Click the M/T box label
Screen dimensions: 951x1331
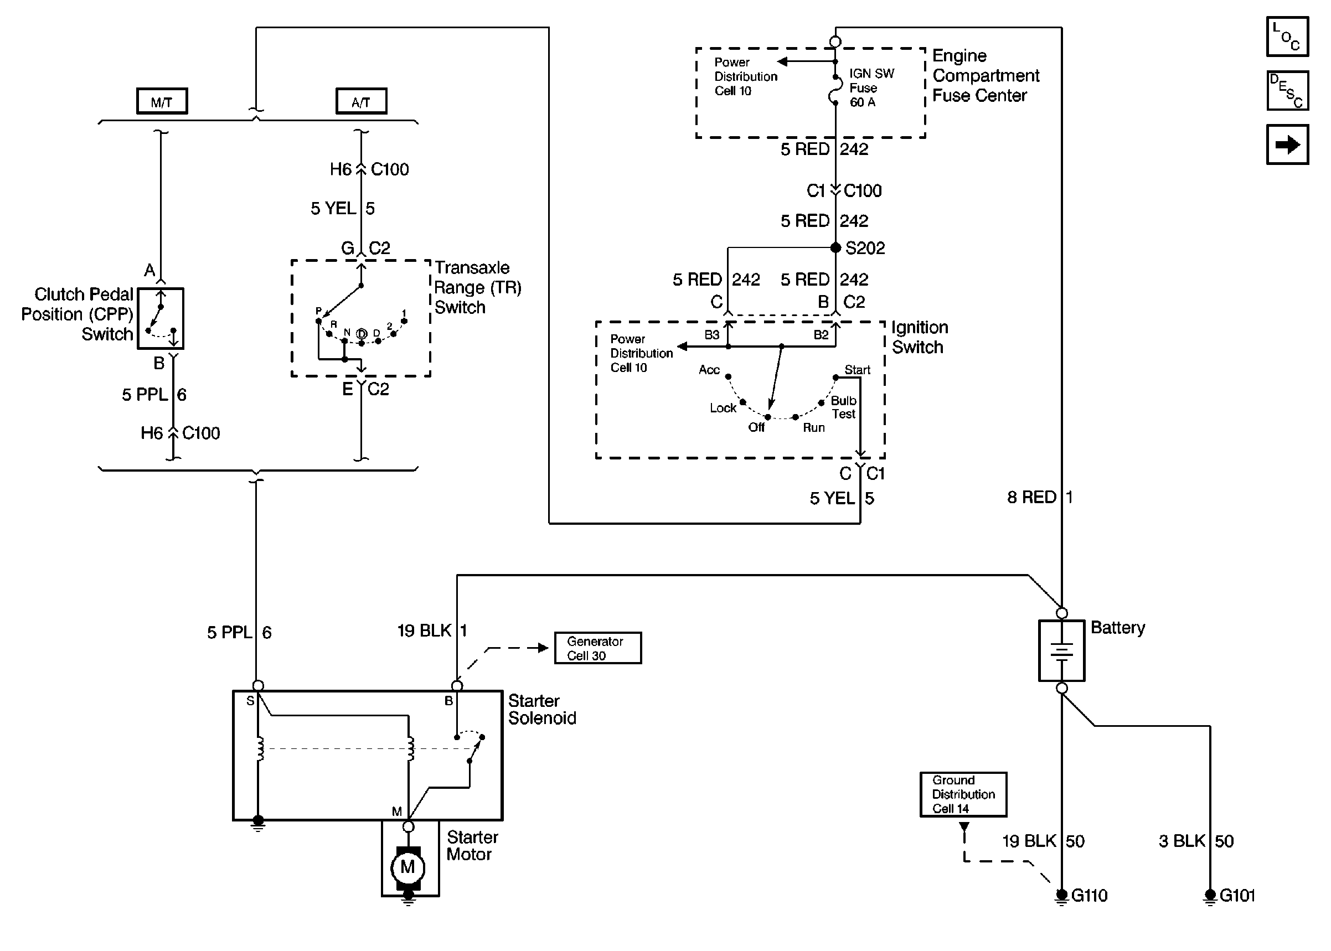tap(162, 101)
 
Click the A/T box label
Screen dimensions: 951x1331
tap(361, 101)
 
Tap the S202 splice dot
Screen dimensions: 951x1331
tap(835, 247)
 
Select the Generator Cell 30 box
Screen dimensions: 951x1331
tap(597, 648)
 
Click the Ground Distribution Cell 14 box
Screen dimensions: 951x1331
tap(963, 794)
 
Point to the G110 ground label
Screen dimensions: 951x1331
tap(1088, 896)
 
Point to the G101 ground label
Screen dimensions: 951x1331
tap(1237, 896)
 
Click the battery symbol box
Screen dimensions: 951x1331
tap(1061, 650)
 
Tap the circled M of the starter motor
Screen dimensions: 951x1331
tap(407, 867)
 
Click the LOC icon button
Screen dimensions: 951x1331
tap(1287, 37)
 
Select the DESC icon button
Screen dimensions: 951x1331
tap(1287, 91)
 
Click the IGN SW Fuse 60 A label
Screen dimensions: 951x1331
tap(871, 88)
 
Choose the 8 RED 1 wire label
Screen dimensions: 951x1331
tap(1039, 497)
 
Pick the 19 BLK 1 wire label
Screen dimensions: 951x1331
tap(431, 630)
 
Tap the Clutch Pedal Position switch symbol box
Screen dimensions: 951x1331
tap(161, 318)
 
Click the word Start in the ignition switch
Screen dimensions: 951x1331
tap(857, 370)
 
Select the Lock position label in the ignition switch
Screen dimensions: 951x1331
tap(723, 408)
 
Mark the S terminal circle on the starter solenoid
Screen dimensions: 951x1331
tap(257, 686)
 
